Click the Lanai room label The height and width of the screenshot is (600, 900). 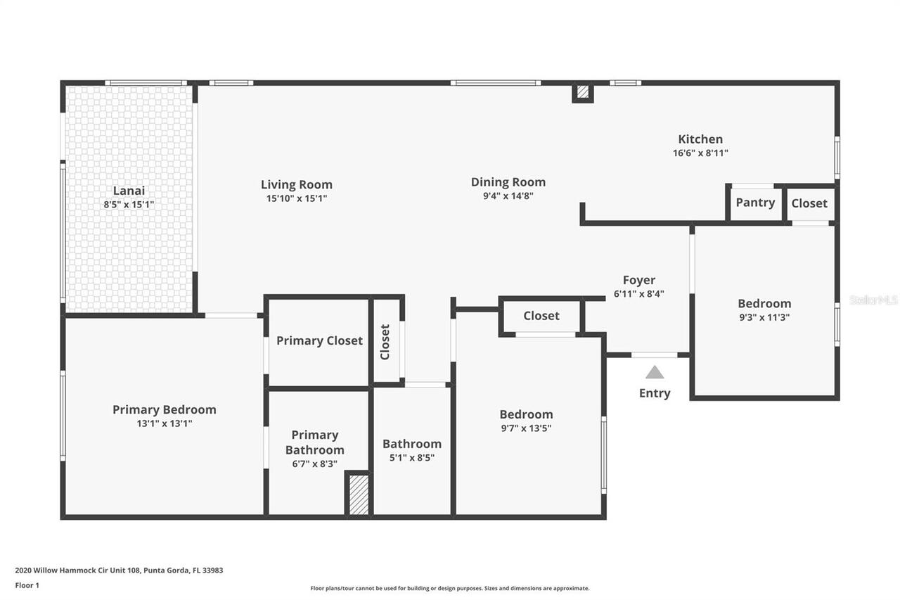[129, 191]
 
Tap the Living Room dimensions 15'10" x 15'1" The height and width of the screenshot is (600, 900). [296, 198]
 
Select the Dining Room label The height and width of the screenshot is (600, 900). [508, 182]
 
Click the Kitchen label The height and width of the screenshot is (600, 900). [700, 139]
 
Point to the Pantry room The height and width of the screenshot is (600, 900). [755, 203]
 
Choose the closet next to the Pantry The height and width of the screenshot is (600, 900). [809, 203]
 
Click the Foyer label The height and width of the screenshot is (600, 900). [638, 280]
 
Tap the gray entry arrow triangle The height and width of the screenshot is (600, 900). [655, 372]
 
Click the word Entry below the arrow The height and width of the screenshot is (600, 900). [655, 393]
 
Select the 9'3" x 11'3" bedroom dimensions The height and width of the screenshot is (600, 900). [764, 317]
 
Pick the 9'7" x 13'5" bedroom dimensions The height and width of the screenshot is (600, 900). [526, 428]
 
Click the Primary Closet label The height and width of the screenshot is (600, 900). [319, 340]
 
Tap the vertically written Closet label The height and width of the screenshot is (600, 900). [385, 342]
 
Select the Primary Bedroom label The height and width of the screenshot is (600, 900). [164, 409]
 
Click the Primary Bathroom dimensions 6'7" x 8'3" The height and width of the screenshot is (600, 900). [315, 464]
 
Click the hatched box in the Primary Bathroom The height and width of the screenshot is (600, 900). [359, 494]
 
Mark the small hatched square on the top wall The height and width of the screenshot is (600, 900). [582, 91]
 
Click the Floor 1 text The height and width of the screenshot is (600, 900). [27, 585]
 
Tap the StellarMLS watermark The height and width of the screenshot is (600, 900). [873, 300]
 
